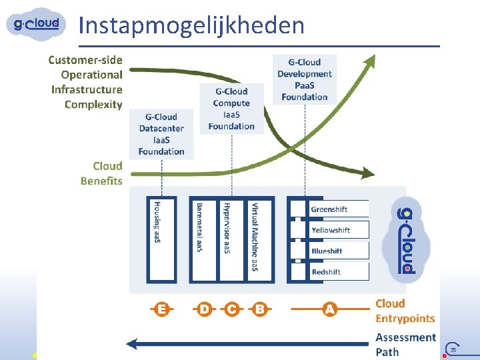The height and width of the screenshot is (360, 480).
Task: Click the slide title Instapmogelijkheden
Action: pos(191,25)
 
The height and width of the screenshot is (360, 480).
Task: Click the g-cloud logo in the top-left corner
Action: pos(37,24)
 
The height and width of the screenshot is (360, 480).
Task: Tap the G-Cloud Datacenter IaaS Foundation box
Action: pos(161,134)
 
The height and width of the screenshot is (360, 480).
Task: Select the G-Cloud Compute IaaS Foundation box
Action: pos(231,109)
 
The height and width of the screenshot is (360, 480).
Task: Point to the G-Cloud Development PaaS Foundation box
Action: pos(304,79)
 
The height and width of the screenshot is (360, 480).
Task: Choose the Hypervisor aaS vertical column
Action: pos(227,239)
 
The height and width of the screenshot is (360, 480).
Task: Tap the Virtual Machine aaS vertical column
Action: pos(254,239)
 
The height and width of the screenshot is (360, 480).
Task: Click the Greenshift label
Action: pos(329,209)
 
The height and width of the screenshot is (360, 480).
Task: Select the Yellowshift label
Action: pos(331,230)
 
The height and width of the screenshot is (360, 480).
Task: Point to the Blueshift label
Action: pos(327,251)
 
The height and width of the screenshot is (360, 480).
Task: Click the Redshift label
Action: pos(326,272)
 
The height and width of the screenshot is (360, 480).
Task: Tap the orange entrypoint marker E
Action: pos(161,309)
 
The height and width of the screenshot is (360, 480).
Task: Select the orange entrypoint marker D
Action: pos(204,309)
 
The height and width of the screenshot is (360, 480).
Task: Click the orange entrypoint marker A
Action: pos(329,309)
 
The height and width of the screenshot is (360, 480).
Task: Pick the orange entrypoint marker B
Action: pos(259,309)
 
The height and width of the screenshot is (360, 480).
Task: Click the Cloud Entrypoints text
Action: pos(405,311)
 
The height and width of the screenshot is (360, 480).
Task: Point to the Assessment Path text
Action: pos(405,345)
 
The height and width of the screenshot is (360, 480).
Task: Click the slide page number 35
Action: pos(453,349)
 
